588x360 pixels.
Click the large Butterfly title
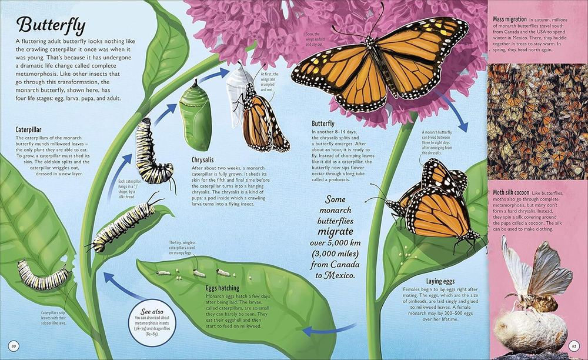point(51,25)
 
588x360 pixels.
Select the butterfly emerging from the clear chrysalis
point(259,118)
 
